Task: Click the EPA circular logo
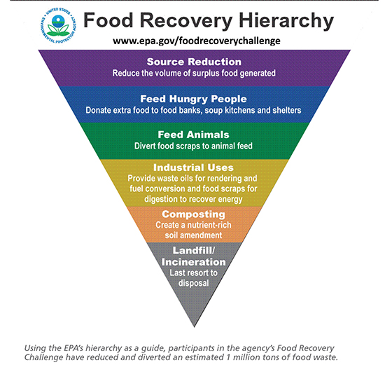point(58,25)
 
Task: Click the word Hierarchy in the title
point(286,21)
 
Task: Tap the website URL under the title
point(197,41)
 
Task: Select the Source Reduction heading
point(194,62)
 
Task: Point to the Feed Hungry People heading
point(193,99)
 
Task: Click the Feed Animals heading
point(193,135)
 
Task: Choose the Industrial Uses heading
point(193,167)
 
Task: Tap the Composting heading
point(193,214)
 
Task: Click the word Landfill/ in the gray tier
point(193,251)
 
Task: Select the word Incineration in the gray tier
point(193,262)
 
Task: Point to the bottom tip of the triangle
point(194,327)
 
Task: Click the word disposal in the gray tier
point(193,283)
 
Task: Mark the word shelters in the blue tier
point(287,110)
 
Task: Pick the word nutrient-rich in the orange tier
point(209,225)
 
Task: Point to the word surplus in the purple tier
point(206,74)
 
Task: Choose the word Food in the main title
point(108,20)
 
